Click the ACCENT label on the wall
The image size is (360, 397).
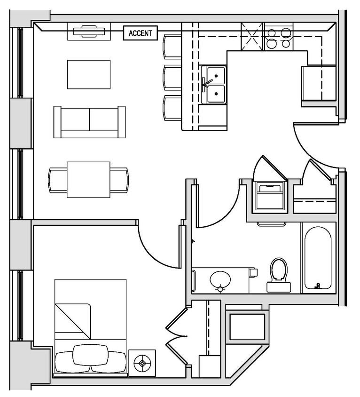coord(140,33)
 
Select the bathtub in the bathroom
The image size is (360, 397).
coord(318,258)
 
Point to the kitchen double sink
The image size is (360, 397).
coord(214,85)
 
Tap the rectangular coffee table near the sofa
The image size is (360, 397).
coord(89,74)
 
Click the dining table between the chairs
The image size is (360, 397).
coord(88,180)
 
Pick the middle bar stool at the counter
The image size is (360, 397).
coord(172,78)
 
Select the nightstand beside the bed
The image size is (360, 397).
coord(142,363)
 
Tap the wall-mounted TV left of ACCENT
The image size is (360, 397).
coord(89,32)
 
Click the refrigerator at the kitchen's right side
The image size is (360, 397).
coord(318,83)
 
